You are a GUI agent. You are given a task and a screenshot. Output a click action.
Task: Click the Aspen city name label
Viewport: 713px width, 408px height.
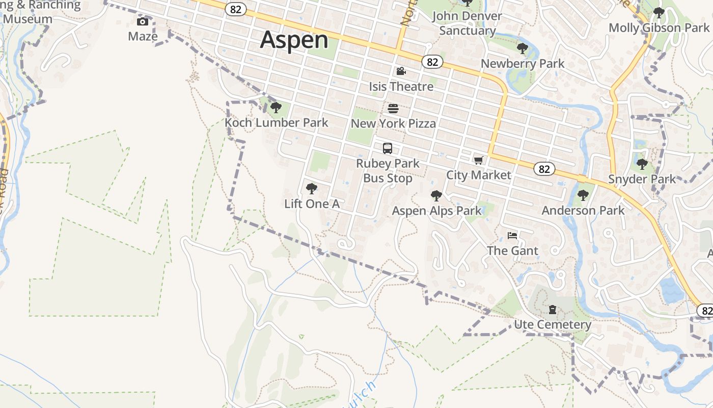(x=294, y=40)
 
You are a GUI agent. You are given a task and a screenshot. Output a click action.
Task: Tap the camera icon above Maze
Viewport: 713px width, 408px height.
(x=143, y=21)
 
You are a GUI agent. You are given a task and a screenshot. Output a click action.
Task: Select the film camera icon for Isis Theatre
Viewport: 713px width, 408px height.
(x=401, y=71)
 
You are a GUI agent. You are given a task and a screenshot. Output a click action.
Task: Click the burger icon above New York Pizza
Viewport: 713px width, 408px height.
(x=393, y=109)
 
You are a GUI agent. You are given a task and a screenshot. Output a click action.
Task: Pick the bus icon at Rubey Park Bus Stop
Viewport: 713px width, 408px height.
(x=388, y=148)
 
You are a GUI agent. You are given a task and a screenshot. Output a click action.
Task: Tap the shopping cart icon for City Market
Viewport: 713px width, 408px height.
(x=478, y=161)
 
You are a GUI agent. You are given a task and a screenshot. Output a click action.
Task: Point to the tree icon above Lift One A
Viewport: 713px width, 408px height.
(x=311, y=189)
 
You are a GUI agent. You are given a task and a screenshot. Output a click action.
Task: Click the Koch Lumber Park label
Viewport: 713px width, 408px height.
(x=277, y=123)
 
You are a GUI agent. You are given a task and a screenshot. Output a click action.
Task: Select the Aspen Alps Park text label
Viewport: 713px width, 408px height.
(x=436, y=211)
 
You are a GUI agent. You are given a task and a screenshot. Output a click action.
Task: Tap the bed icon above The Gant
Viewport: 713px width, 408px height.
(x=512, y=236)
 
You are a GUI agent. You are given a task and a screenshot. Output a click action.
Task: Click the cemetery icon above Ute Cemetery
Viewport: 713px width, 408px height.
(x=552, y=310)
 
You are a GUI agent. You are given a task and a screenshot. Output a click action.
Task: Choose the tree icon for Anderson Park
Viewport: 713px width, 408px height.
(x=583, y=195)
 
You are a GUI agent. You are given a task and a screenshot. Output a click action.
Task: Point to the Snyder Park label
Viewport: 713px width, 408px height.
(x=642, y=179)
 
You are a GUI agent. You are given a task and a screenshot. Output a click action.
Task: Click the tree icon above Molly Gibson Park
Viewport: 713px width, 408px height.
(x=659, y=13)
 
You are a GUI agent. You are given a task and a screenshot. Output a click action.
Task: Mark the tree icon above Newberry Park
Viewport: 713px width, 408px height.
(x=522, y=49)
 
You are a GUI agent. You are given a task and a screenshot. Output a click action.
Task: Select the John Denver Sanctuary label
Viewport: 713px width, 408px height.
(x=467, y=23)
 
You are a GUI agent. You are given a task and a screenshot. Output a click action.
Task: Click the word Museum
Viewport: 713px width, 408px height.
(x=28, y=19)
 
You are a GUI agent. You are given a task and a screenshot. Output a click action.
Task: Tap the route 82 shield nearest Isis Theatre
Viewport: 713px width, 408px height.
(x=432, y=62)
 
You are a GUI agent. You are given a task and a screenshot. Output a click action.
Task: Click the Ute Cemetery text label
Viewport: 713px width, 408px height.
(x=553, y=325)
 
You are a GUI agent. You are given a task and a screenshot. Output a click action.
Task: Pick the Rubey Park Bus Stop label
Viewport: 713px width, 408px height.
(x=388, y=171)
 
